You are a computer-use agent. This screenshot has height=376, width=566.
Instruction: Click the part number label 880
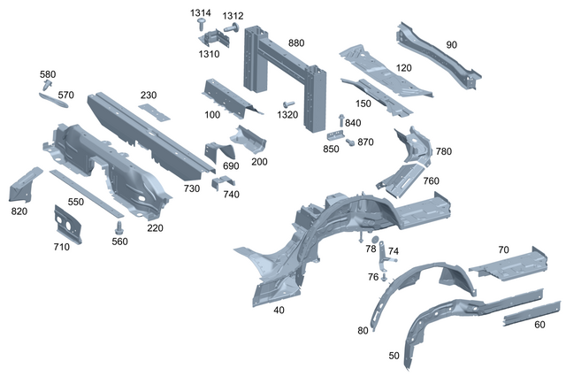click(x=295, y=42)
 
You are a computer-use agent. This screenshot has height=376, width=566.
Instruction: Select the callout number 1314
click(x=201, y=13)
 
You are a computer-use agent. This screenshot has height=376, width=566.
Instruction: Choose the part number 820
click(x=19, y=211)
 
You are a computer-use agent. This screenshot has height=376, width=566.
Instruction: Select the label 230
click(x=148, y=96)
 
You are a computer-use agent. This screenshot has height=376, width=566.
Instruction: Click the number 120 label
click(x=403, y=68)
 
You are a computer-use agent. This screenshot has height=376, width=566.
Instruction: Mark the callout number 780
click(x=443, y=151)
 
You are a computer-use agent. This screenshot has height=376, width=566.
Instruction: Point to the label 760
click(x=431, y=181)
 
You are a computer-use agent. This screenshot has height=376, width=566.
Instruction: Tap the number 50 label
click(x=394, y=356)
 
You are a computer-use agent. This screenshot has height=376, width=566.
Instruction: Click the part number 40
click(x=279, y=310)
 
